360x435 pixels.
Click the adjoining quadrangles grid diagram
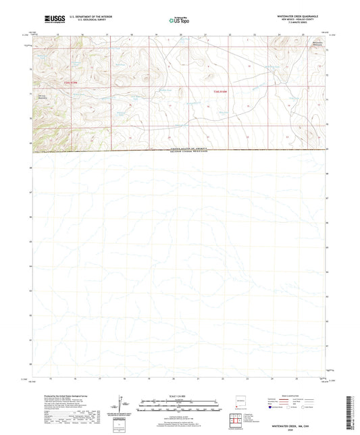point(238,421)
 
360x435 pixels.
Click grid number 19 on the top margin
point(156,33)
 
